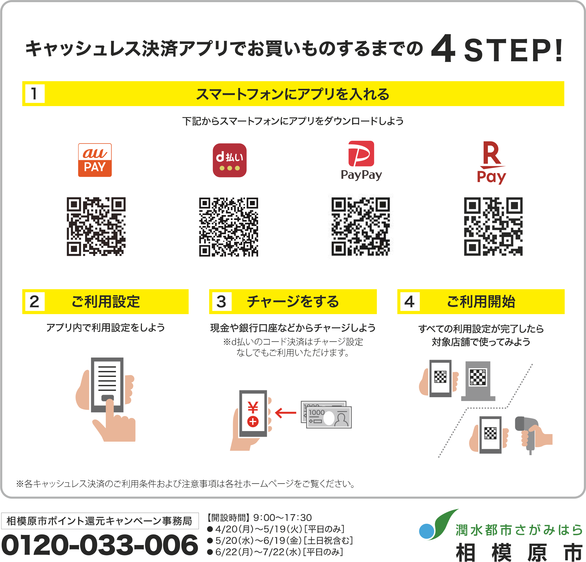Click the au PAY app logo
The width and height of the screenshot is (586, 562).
[x=95, y=160]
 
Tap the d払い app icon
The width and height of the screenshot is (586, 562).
[x=230, y=160]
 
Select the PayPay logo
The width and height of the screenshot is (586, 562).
[x=361, y=161]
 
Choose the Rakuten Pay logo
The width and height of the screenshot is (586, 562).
[x=491, y=162]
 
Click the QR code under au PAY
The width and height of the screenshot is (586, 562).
[x=96, y=226]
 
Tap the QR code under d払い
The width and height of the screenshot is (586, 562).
[x=229, y=227]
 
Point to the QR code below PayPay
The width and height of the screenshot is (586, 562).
[x=361, y=226]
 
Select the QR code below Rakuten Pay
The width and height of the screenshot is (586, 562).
[x=493, y=226]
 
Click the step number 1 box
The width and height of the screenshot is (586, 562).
[x=35, y=93]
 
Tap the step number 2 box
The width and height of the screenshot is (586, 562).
[x=35, y=301]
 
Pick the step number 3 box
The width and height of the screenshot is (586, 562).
[x=221, y=301]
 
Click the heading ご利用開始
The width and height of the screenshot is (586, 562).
[x=481, y=301]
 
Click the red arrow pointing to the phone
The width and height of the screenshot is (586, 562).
[x=285, y=413]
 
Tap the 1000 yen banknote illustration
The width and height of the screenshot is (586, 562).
[x=326, y=415]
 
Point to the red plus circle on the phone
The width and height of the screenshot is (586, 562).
[x=253, y=421]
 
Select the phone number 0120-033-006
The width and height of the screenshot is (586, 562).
[x=100, y=545]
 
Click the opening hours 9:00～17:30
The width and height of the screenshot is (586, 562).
[x=282, y=517]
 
